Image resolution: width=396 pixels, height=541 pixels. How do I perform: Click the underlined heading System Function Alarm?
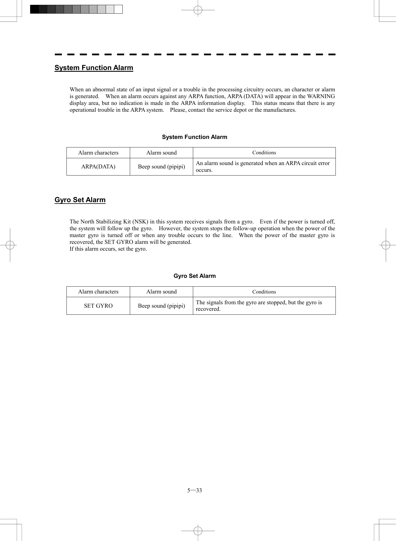tap(94, 68)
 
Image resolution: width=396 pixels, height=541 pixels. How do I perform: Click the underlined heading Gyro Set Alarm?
tap(80, 200)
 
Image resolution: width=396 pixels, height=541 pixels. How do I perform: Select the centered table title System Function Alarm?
tap(195, 137)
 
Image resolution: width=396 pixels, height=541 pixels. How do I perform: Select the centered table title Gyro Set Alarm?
tap(195, 276)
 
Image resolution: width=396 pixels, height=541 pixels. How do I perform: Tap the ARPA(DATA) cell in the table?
tap(98, 167)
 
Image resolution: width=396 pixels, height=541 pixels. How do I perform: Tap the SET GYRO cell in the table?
tap(98, 306)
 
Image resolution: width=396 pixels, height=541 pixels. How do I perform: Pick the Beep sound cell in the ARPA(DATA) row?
tap(161, 167)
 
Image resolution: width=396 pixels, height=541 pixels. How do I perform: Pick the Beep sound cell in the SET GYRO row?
tap(161, 306)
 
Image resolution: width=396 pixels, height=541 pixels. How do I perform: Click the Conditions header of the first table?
tap(264, 153)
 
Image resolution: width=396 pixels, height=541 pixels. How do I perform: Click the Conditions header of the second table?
tap(264, 292)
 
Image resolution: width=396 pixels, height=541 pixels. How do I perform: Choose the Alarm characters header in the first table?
tap(98, 153)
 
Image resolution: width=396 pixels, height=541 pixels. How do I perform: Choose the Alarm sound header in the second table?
tap(161, 292)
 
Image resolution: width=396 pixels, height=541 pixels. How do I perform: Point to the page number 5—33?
tap(195, 491)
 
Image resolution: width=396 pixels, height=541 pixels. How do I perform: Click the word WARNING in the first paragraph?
tap(321, 96)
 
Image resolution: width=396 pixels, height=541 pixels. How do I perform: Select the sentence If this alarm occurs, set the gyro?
tap(108, 249)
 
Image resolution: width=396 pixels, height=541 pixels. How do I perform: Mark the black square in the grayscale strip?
tap(34, 9)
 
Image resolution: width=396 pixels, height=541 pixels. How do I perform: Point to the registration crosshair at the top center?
tap(198, 10)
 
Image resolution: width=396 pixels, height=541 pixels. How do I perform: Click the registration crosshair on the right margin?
tap(386, 245)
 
